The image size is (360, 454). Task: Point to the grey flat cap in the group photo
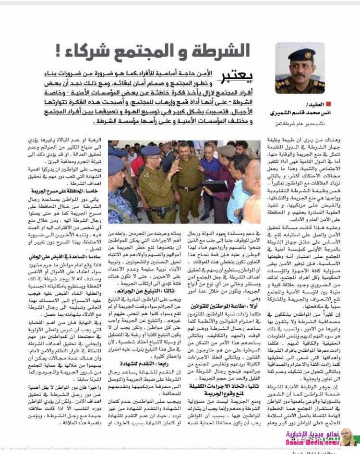click(x=226, y=150)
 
